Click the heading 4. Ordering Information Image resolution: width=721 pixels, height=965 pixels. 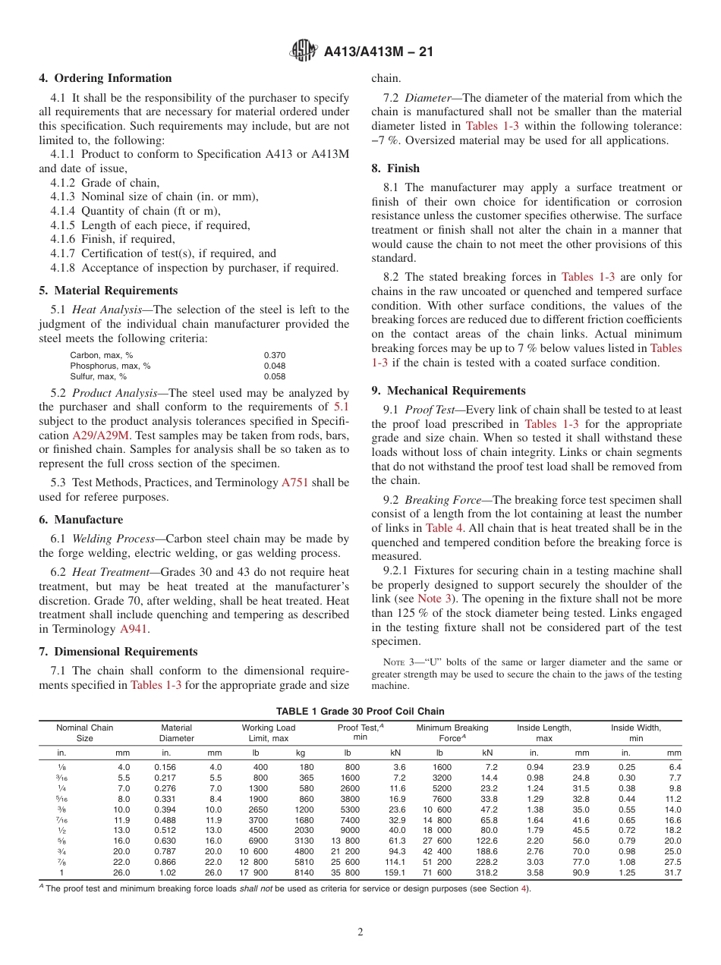[x=105, y=78]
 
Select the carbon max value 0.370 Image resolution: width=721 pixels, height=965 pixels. [x=275, y=355]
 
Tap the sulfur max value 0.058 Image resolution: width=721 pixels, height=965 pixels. [x=275, y=376]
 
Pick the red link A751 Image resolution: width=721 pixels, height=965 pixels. [x=294, y=482]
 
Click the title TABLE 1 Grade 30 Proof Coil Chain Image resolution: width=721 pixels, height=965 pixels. [x=360, y=711]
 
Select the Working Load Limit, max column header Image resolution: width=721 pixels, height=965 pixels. [x=268, y=732]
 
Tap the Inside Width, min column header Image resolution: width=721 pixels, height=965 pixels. [x=636, y=732]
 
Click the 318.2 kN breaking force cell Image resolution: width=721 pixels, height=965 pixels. [x=486, y=873]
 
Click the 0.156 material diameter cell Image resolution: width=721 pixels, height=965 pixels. [x=165, y=767]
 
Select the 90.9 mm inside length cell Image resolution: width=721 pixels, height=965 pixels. [x=581, y=873]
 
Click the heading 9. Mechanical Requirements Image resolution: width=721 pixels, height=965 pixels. [x=449, y=391]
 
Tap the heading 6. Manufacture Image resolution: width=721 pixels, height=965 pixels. [x=80, y=520]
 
